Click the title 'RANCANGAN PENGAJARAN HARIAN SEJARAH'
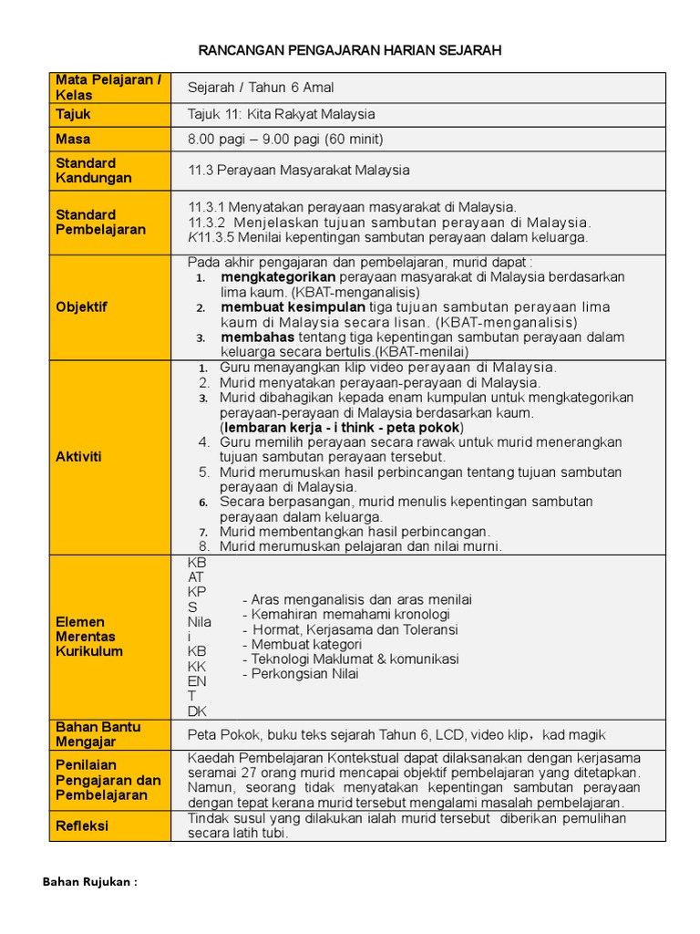[x=350, y=51]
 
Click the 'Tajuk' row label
[x=74, y=114]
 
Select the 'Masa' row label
[x=74, y=139]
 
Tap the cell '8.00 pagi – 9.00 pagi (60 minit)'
[x=285, y=140]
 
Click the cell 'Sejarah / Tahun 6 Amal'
[x=261, y=88]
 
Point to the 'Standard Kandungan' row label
[x=94, y=171]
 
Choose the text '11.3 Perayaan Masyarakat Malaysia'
[x=299, y=170]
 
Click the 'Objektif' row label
[x=81, y=306]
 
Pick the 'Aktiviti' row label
[x=78, y=456]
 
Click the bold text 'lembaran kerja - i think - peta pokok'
[x=342, y=427]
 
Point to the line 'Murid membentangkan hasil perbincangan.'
[x=355, y=531]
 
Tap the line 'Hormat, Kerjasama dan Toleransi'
[x=351, y=629]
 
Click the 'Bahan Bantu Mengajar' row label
[x=98, y=734]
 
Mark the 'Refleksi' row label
[x=82, y=825]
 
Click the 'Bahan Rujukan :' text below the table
[x=90, y=882]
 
